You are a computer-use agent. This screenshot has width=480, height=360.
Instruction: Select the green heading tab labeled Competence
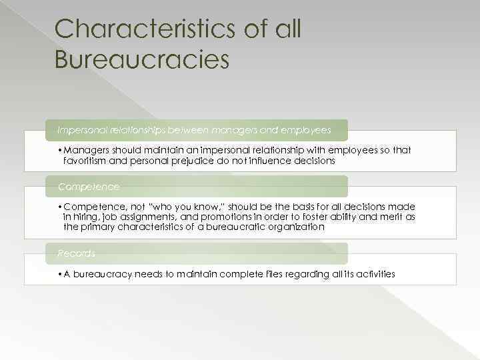[89, 187]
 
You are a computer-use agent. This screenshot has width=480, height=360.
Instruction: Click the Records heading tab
[77, 253]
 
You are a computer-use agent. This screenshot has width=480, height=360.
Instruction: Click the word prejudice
[199, 161]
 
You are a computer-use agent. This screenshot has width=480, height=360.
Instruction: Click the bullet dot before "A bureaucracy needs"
[59, 274]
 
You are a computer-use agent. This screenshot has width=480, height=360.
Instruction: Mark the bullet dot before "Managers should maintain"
[59, 151]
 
